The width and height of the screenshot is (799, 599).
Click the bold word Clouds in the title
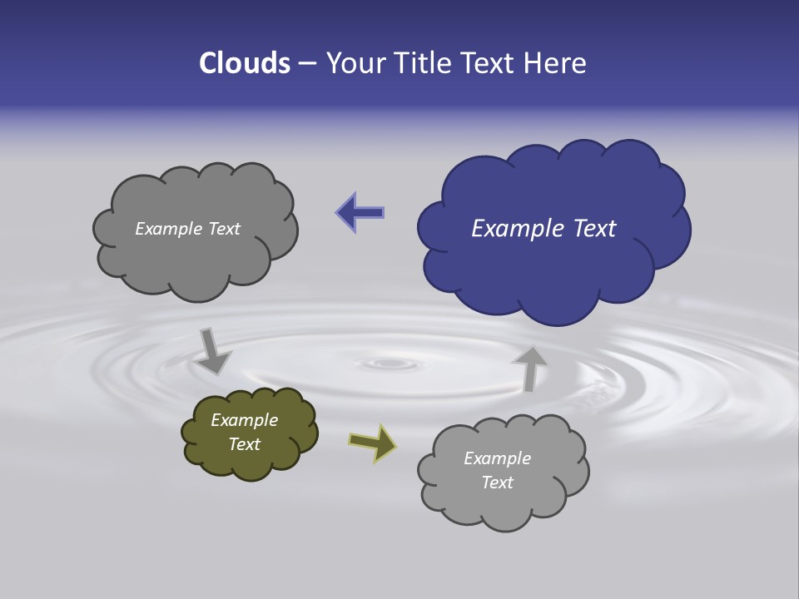point(244,63)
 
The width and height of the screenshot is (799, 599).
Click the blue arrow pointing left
point(360,212)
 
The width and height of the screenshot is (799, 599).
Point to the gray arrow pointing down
point(212,351)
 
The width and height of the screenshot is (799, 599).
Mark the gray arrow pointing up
point(529,369)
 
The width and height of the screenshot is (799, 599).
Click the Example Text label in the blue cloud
point(543,229)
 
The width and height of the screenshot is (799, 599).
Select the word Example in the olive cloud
point(244,420)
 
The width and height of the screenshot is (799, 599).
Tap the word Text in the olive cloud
point(244,444)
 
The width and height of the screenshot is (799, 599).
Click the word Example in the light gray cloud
point(497,458)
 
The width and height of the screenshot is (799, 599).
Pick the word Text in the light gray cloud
point(497,483)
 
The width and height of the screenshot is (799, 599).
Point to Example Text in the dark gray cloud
point(187,229)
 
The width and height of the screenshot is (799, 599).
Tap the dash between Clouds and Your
point(307,64)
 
